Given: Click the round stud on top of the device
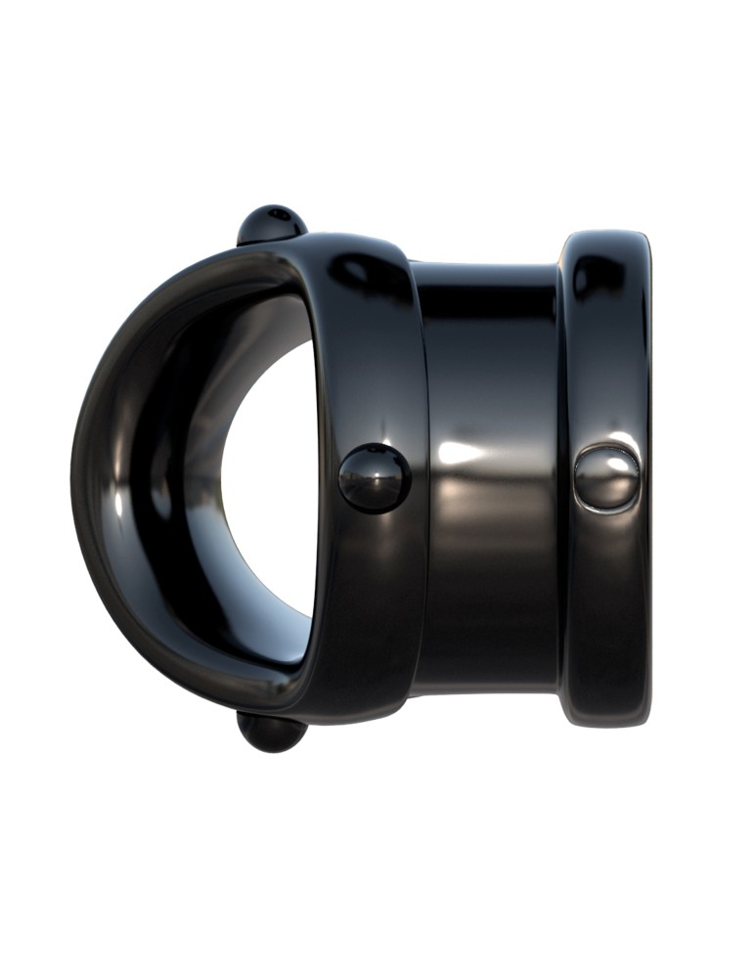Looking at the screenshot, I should pyautogui.click(x=271, y=223).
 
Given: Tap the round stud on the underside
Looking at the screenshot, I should pyautogui.click(x=270, y=733).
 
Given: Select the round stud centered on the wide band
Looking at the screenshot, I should pyautogui.click(x=374, y=478).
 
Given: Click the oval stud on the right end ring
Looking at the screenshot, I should pyautogui.click(x=606, y=477).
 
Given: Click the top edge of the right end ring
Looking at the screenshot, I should pyautogui.click(x=606, y=235).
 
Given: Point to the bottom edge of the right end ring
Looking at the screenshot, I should pyautogui.click(x=606, y=724).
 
